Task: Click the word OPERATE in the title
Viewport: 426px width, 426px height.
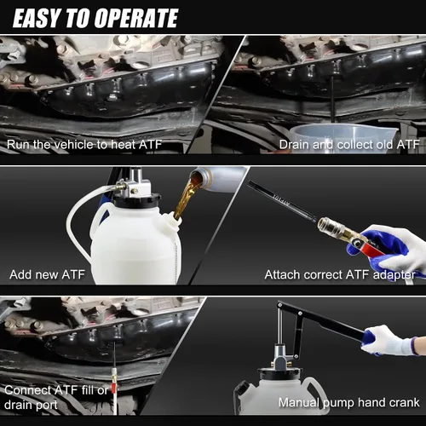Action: [136, 18]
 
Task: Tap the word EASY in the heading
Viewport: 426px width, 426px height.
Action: [37, 18]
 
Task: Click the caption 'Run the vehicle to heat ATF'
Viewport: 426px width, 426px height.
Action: [84, 145]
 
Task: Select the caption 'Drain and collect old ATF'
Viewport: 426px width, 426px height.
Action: [349, 145]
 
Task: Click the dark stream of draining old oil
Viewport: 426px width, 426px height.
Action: [333, 100]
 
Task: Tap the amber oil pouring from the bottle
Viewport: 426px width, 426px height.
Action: [186, 196]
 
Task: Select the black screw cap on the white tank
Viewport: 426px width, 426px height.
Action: [137, 201]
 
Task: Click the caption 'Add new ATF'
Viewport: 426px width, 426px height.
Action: [47, 274]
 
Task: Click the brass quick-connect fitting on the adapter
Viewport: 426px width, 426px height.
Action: [335, 230]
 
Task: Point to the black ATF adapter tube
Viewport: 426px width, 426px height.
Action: [282, 200]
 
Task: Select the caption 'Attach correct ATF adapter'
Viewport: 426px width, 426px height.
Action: [340, 275]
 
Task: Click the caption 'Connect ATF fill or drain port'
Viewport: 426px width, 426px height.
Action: [56, 397]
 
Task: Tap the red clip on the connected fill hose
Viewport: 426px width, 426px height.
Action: [114, 389]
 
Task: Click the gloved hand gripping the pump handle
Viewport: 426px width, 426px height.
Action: [390, 340]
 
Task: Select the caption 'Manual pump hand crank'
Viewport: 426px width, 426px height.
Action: [348, 402]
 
